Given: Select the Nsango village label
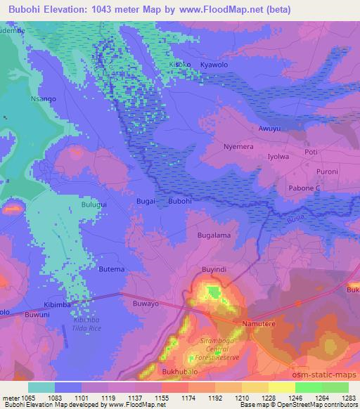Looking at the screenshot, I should [x=43, y=99].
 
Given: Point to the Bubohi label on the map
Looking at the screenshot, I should [x=181, y=201].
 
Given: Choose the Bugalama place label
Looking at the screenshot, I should [x=214, y=236].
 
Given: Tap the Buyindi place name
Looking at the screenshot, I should [x=216, y=269].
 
